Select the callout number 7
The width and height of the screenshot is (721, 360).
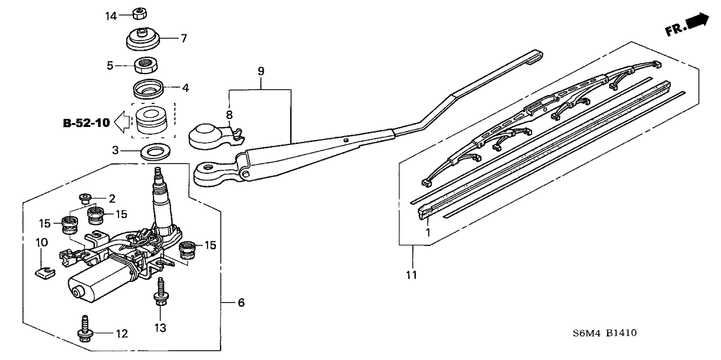click(x=184, y=38)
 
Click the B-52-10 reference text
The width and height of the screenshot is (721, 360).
click(x=87, y=121)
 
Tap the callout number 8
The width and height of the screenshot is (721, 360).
click(x=228, y=115)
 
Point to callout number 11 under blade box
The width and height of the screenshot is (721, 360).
click(x=411, y=275)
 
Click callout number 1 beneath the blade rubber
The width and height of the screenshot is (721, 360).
click(x=428, y=232)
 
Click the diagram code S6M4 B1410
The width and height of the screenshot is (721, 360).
click(x=605, y=333)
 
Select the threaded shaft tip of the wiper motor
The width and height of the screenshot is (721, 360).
click(x=157, y=174)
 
